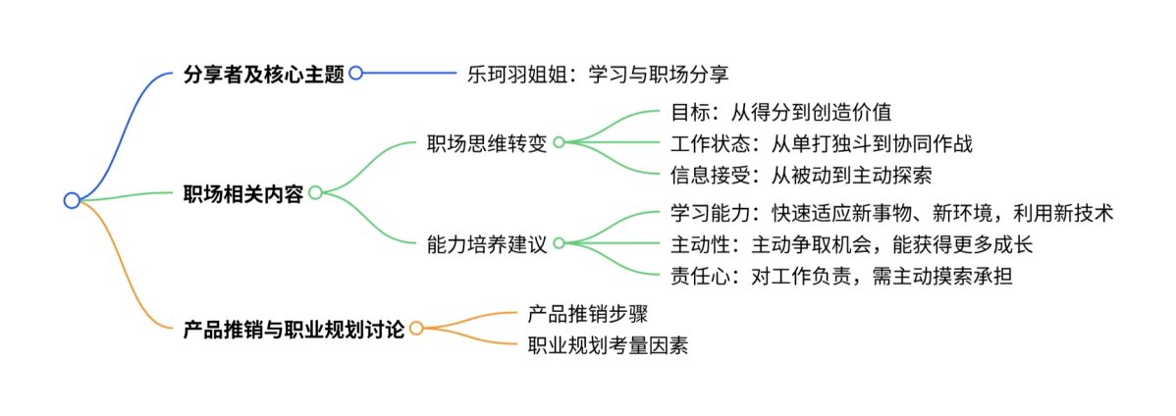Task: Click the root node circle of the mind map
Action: point(72,200)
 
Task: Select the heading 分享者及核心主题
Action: point(264,74)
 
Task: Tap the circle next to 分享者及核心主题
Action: point(356,73)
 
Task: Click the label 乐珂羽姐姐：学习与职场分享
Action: point(600,74)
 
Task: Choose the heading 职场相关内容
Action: point(244,192)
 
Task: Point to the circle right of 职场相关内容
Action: point(315,192)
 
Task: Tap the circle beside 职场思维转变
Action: point(559,141)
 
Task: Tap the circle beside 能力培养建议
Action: point(559,243)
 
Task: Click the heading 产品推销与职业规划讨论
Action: point(294,329)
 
